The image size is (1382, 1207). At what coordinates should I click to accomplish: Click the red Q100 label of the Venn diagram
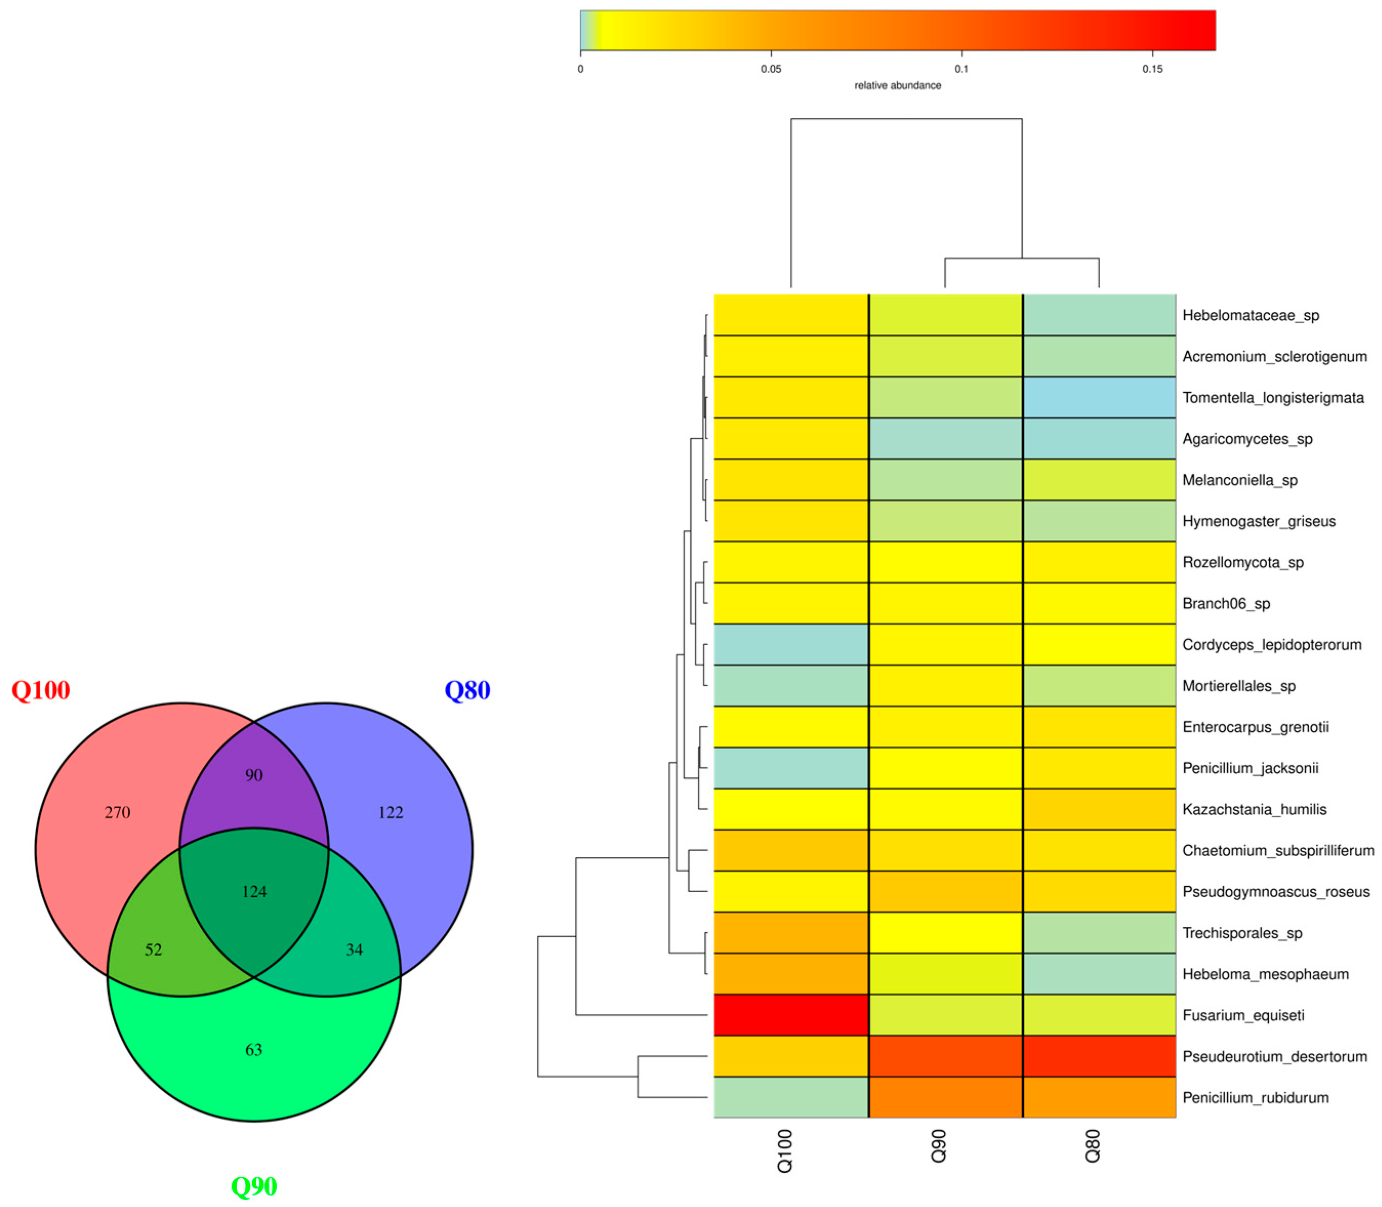pos(40,690)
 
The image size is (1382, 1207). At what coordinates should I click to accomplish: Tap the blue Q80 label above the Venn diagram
pos(467,690)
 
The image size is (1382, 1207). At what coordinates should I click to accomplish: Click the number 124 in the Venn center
pos(254,892)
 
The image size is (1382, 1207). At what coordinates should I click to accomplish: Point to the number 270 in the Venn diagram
pos(117,812)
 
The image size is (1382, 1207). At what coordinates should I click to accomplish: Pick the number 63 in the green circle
pos(253,1049)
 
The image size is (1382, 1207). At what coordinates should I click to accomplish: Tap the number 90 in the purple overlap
pos(253,775)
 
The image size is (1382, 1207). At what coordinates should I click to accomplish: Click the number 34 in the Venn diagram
pos(354,950)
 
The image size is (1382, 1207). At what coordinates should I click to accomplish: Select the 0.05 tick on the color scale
pos(771,69)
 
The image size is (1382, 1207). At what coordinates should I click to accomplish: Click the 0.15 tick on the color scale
pos(1151,69)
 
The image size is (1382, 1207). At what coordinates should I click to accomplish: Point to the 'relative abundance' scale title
pos(898,86)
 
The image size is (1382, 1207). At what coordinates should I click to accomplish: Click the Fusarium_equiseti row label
pos(1243,1015)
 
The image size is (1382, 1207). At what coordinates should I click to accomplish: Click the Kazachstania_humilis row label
pos(1254,809)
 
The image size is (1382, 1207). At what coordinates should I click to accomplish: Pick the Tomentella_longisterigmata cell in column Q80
pos(1099,397)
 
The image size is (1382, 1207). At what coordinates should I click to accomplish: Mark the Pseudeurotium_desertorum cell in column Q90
pos(945,1056)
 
